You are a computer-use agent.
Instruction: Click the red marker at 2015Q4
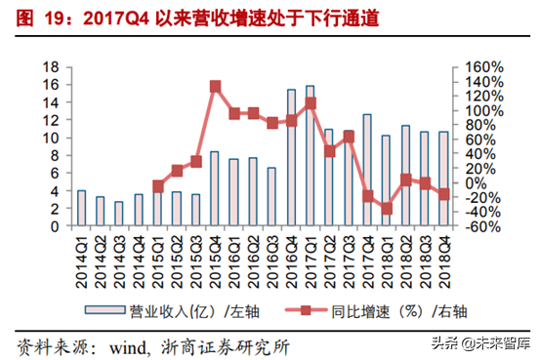coord(215,87)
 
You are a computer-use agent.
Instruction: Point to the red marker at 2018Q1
coord(387,208)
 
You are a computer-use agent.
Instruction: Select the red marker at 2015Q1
coord(158,185)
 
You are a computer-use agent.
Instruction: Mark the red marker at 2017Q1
coord(311,102)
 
